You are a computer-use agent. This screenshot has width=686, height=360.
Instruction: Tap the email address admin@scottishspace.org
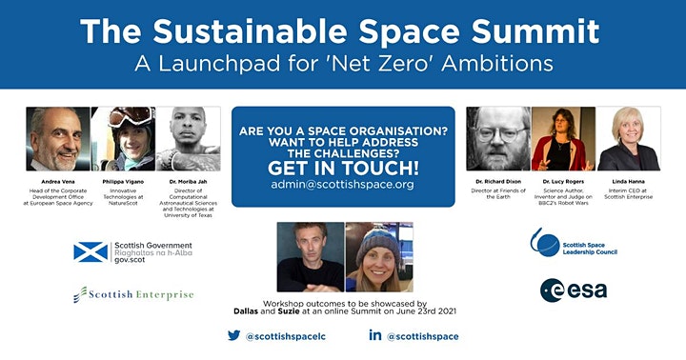[342, 184]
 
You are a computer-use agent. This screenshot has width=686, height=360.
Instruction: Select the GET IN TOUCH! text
[342, 165]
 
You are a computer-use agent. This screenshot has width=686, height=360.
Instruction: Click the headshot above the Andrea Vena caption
[58, 138]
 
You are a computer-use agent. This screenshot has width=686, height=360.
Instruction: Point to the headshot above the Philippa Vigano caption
[122, 138]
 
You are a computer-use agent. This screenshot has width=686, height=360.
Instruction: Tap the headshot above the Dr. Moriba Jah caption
[188, 138]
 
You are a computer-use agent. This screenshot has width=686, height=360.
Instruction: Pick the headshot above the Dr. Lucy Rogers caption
[561, 138]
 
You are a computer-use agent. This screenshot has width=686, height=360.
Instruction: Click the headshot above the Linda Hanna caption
[628, 138]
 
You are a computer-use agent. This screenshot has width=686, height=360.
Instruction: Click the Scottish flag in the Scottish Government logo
[91, 251]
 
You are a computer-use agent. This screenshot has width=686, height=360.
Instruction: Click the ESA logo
[572, 290]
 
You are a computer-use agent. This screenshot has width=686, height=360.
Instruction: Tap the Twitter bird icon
[233, 335]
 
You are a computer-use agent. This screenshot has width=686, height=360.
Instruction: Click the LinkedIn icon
[375, 335]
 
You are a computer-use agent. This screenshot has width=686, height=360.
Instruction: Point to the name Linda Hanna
[628, 182]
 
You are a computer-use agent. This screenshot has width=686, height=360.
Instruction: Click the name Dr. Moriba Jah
[188, 182]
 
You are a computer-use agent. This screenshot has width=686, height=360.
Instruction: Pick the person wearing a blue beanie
[378, 257]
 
